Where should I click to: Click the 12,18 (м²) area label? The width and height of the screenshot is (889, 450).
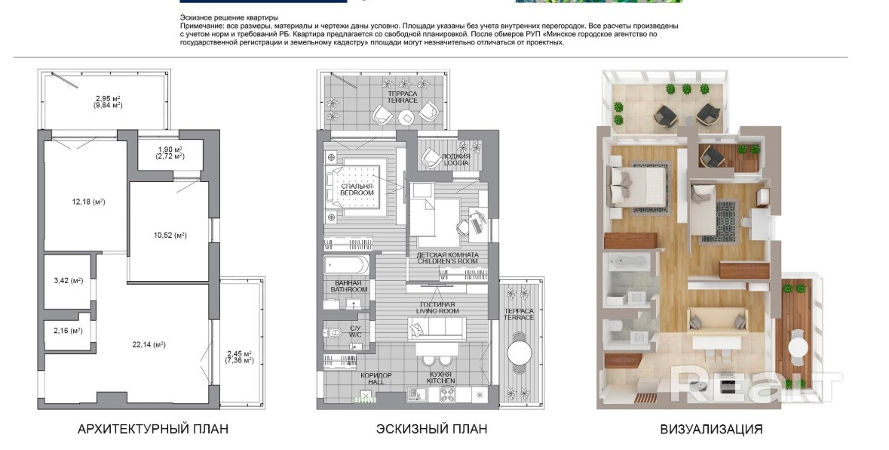pyautogui.click(x=88, y=202)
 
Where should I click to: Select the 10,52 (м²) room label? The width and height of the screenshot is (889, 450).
pyautogui.click(x=170, y=236)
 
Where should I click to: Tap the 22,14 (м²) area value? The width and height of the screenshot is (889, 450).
pyautogui.click(x=149, y=344)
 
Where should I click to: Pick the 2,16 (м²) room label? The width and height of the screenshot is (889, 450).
pyautogui.click(x=68, y=330)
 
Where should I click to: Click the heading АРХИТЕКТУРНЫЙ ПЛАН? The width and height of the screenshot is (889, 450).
pyautogui.click(x=153, y=429)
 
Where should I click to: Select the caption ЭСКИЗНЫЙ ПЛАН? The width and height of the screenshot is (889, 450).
pyautogui.click(x=431, y=429)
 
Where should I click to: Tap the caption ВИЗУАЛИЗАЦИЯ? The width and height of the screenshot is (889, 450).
pyautogui.click(x=711, y=429)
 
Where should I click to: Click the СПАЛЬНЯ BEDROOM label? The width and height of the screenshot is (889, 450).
pyautogui.click(x=357, y=190)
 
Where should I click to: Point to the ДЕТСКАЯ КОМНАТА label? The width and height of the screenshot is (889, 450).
pyautogui.click(x=447, y=254)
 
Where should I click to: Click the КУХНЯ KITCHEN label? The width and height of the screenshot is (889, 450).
pyautogui.click(x=440, y=378)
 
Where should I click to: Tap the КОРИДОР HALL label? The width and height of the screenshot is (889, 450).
pyautogui.click(x=376, y=378)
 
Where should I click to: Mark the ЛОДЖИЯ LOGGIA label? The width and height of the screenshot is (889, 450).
pyautogui.click(x=456, y=159)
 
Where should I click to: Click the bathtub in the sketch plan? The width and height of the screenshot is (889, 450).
pyautogui.click(x=346, y=265)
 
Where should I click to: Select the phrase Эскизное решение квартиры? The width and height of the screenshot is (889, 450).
pyautogui.click(x=229, y=18)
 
